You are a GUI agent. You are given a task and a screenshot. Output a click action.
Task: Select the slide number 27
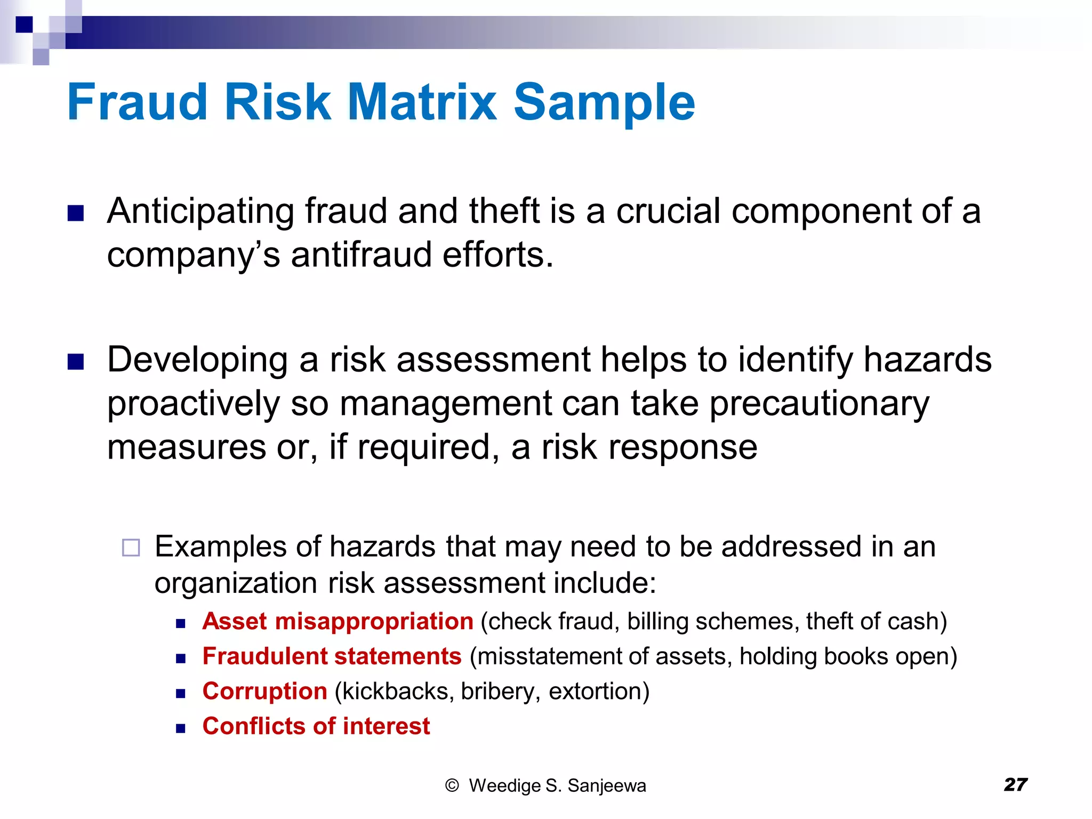[x=1015, y=784]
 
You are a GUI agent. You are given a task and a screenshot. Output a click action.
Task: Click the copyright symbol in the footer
[x=452, y=785]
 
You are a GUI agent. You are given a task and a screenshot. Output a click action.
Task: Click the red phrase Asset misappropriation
[x=338, y=621]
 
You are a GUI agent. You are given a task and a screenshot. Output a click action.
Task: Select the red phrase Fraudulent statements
[x=332, y=656]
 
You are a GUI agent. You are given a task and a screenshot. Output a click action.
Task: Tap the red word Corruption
[x=264, y=691]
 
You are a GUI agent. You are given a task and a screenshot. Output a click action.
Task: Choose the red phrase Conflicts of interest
[x=316, y=726]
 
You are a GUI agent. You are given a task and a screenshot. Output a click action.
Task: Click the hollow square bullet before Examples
[x=131, y=548]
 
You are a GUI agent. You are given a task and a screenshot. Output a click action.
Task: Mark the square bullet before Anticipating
[x=76, y=213]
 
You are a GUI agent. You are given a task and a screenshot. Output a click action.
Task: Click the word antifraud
[x=361, y=255]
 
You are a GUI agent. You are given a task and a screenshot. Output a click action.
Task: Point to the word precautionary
[x=819, y=404]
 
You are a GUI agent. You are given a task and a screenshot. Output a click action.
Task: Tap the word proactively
[x=193, y=404]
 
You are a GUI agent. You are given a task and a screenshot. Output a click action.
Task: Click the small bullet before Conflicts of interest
[x=181, y=728]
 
